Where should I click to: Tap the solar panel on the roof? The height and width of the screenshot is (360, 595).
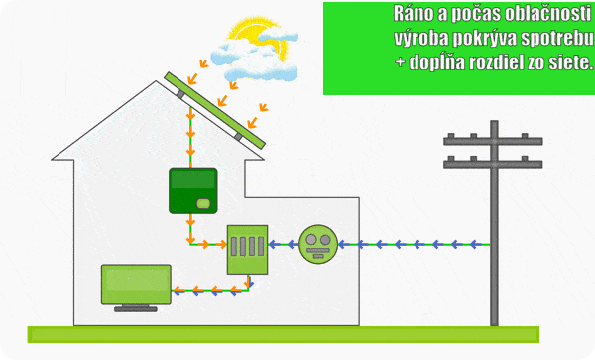[215, 110]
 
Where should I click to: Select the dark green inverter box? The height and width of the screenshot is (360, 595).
[193, 190]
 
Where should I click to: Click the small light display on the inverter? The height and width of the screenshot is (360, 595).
[203, 203]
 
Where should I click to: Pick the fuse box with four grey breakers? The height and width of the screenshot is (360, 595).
[247, 250]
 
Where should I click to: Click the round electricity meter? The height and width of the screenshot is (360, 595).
[318, 244]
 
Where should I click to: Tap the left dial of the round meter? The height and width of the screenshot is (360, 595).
[311, 239]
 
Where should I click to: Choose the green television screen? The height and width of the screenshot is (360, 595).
[136, 285]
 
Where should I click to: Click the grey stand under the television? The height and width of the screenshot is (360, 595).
[136, 308]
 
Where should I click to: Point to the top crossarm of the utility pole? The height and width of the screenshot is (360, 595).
[493, 140]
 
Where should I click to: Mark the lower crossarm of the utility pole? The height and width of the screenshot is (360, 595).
[493, 163]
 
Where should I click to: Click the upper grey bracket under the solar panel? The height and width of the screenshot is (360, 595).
[181, 94]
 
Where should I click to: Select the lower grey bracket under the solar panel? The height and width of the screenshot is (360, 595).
[238, 136]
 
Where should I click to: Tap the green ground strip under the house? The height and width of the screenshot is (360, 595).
[284, 334]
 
